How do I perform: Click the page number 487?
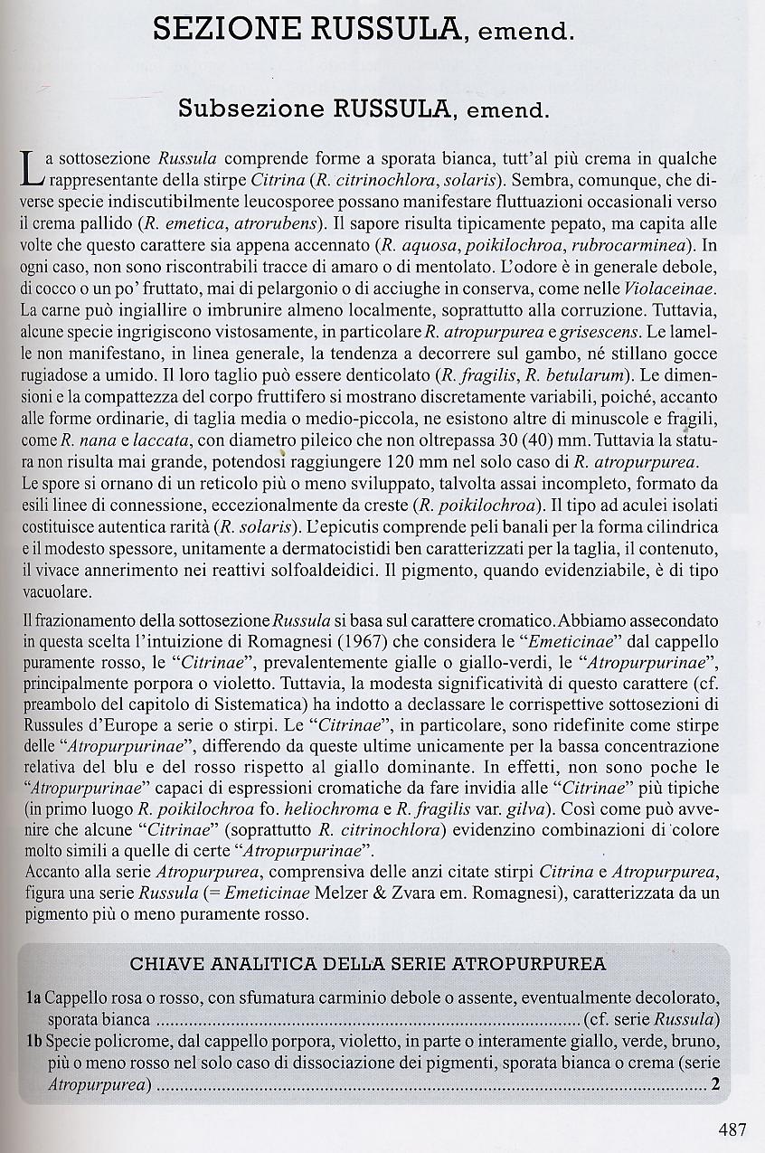click(732, 1129)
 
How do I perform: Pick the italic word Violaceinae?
click(670, 288)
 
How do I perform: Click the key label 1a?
click(33, 998)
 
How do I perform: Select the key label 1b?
click(33, 1042)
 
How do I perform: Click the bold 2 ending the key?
click(715, 1085)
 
